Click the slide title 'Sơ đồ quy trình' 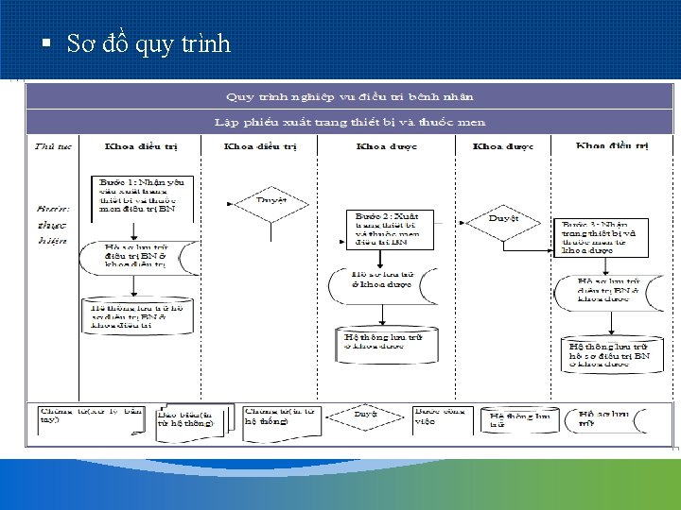tap(148, 44)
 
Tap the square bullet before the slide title tap(45, 43)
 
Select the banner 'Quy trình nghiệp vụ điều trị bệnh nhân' tap(349, 96)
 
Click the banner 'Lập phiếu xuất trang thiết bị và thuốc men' tap(349, 122)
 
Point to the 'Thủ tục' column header tap(50, 146)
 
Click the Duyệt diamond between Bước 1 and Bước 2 tap(271, 201)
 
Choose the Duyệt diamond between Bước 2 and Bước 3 tap(503, 219)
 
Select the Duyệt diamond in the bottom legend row tap(365, 414)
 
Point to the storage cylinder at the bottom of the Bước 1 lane tap(143, 317)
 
